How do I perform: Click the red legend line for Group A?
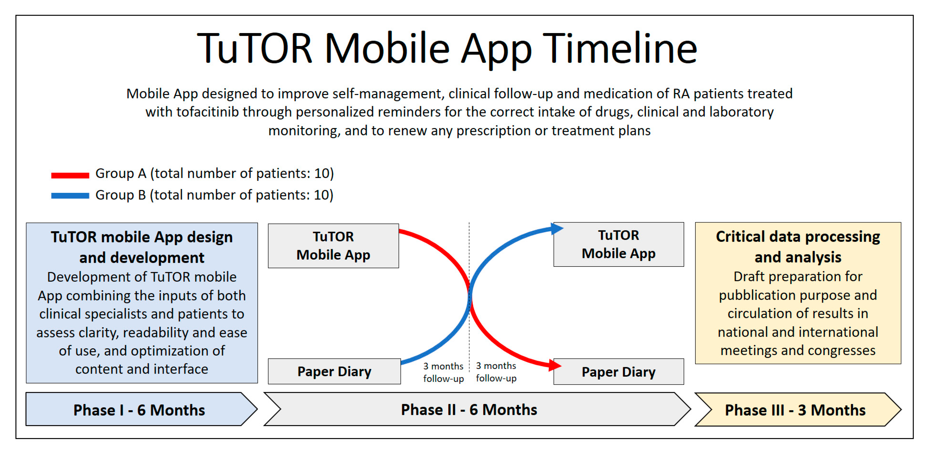pos(70,175)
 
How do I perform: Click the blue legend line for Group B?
pos(70,196)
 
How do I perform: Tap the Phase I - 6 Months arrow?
pos(141,409)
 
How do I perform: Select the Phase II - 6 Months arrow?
pos(477,409)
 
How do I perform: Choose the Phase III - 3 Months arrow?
pos(798,409)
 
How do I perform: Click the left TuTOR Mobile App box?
pos(333,246)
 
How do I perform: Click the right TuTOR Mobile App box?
pos(619,244)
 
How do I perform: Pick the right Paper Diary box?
pos(619,372)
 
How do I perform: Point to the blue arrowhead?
pos(557,228)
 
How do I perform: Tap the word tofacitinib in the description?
pos(207,112)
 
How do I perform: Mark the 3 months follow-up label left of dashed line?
pos(443,372)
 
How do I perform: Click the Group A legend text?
pos(214,174)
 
